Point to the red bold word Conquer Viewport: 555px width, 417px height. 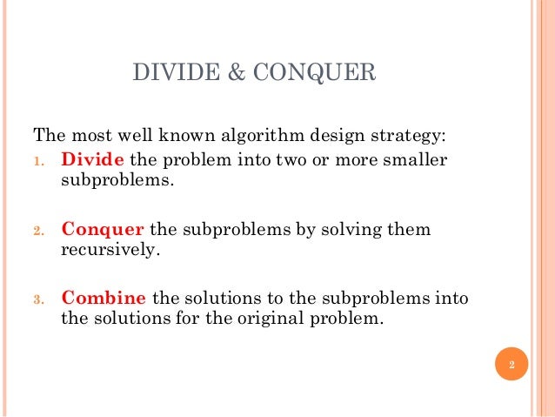point(103,230)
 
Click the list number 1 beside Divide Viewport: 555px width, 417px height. point(38,162)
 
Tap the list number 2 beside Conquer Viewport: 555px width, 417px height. point(38,231)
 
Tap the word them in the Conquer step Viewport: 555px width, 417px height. point(406,230)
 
